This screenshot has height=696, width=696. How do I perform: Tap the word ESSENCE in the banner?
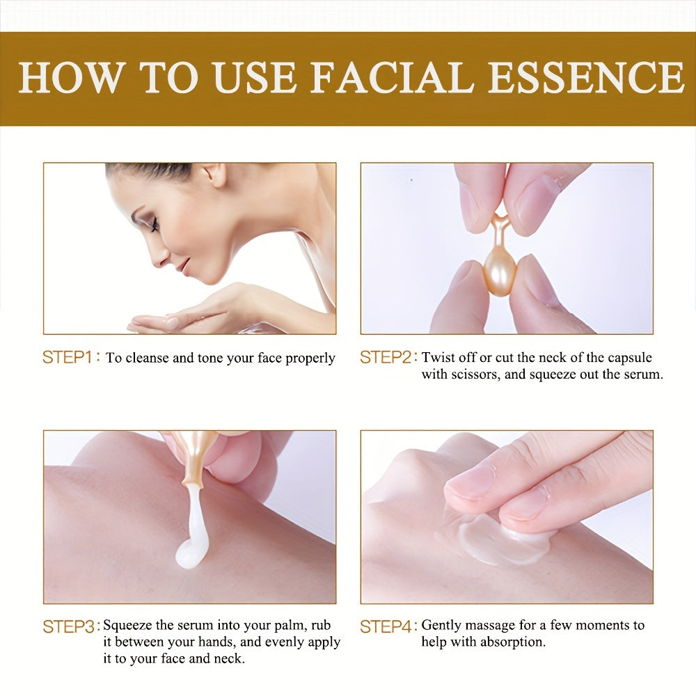pos(586,77)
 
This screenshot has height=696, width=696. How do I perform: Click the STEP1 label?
pos(68,358)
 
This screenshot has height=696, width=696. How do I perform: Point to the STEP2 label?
pos(386,358)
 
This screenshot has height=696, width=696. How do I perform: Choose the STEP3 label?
pos(68,626)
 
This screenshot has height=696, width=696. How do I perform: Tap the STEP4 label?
pos(386,626)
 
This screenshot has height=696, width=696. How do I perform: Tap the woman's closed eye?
pos(154,224)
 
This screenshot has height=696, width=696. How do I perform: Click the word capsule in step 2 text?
pos(629,358)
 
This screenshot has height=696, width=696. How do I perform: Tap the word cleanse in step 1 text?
pos(147,358)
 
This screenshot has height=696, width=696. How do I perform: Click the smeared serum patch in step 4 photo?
pos(498,541)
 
